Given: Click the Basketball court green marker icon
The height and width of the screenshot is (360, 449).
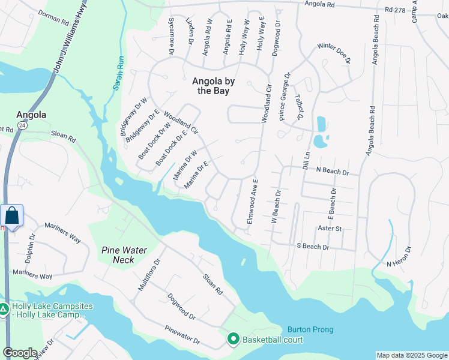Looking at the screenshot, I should pyautogui.click(x=233, y=340).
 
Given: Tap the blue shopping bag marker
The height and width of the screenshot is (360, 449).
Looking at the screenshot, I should pyautogui.click(x=12, y=215).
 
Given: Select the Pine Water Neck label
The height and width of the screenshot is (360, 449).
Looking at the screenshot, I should pyautogui.click(x=124, y=254).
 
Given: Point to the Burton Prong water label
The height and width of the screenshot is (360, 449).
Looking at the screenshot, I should pyautogui.click(x=310, y=329).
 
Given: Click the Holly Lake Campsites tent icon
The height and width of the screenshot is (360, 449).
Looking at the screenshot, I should pyautogui.click(x=4, y=310).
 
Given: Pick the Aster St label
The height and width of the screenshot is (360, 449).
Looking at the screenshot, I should pyautogui.click(x=330, y=229).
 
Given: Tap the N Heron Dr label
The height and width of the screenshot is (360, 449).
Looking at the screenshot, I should pyautogui.click(x=400, y=256).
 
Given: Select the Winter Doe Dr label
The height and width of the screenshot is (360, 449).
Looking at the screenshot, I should pyautogui.click(x=334, y=53).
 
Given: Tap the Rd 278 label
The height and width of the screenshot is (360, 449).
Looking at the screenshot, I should pyautogui.click(x=396, y=10).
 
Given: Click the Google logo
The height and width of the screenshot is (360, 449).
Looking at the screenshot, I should pyautogui.click(x=20, y=353).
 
